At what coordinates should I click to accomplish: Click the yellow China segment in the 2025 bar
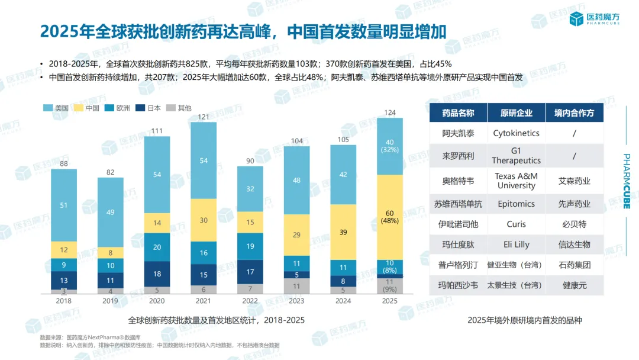390,217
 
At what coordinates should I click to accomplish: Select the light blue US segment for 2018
64,205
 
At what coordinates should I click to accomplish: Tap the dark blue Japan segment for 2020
157,274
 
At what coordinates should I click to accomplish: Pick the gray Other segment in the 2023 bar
297,286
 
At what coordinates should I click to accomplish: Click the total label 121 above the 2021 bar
204,117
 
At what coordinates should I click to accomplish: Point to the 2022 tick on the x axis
250,301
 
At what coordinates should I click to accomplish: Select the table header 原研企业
516,113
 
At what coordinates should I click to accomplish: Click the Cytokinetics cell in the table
516,133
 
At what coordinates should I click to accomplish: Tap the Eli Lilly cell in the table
516,244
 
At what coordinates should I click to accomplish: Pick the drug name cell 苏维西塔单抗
458,204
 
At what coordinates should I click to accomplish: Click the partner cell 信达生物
574,244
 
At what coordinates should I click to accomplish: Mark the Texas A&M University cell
516,181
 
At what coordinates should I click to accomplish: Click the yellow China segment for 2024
343,232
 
